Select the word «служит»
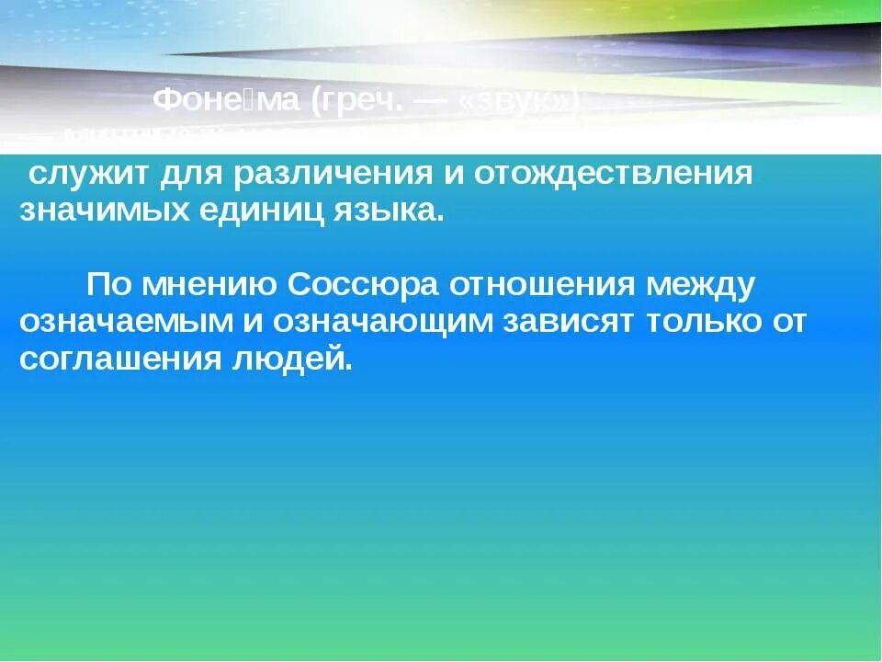pos(83,174)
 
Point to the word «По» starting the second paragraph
pos(108,286)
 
